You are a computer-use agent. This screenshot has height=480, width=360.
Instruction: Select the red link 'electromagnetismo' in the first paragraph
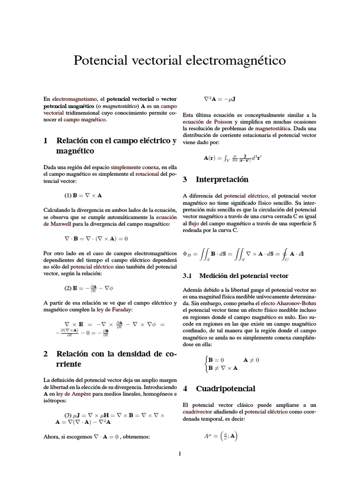(74, 99)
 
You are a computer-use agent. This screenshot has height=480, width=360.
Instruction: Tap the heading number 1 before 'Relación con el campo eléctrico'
(45, 141)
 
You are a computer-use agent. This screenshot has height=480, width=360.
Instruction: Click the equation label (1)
(67, 195)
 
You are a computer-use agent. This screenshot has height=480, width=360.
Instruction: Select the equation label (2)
(67, 287)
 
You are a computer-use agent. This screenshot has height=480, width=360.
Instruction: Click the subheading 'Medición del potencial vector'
(244, 276)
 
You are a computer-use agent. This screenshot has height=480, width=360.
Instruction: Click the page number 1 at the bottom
(180, 454)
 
